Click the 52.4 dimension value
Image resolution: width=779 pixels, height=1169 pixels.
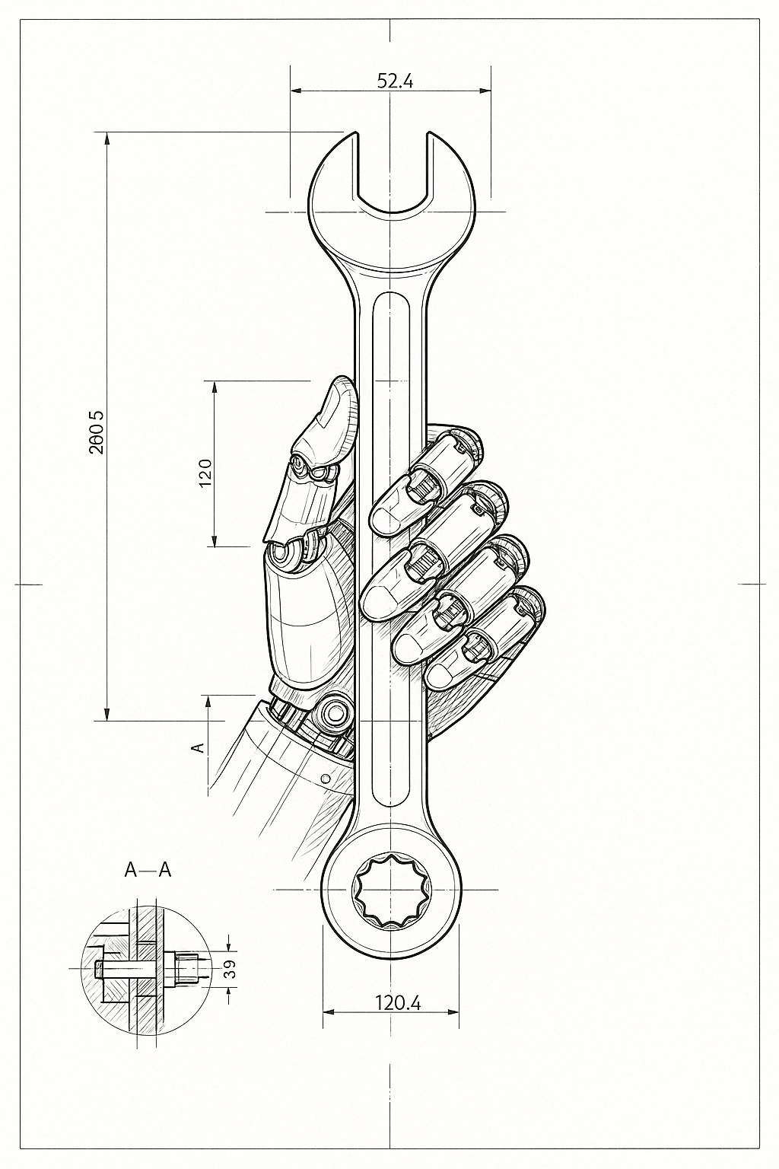click(395, 81)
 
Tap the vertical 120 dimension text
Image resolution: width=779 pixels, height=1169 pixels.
click(204, 473)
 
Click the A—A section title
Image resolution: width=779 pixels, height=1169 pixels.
click(148, 870)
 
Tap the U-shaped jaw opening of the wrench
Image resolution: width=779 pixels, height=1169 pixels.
click(393, 175)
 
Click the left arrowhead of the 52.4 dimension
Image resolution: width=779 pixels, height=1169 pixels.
click(295, 91)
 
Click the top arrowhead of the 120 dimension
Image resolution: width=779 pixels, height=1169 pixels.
click(215, 386)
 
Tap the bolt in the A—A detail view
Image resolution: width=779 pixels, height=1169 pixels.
click(148, 969)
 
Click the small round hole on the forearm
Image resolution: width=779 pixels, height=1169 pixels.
click(326, 779)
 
